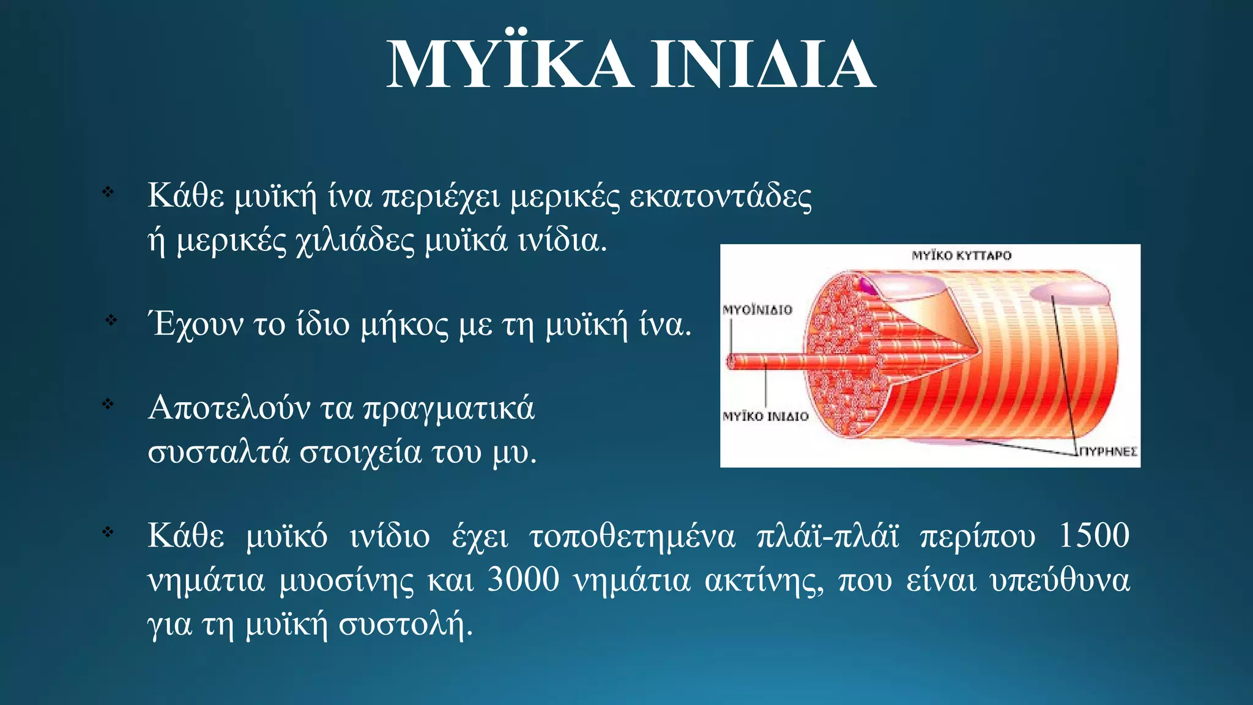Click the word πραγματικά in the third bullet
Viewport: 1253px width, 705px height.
click(449, 409)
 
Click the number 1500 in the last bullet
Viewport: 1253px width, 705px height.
click(1093, 535)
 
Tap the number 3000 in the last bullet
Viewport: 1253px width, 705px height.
click(523, 580)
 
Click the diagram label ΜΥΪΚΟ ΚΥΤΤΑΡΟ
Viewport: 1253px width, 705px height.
click(961, 256)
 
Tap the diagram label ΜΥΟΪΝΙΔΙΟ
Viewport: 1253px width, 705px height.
click(757, 310)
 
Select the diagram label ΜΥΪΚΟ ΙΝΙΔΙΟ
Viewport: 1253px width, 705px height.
click(765, 417)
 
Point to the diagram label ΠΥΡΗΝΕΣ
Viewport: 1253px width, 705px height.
click(1107, 452)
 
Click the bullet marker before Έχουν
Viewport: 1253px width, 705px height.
click(111, 320)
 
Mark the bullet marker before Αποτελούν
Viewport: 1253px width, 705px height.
click(108, 404)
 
